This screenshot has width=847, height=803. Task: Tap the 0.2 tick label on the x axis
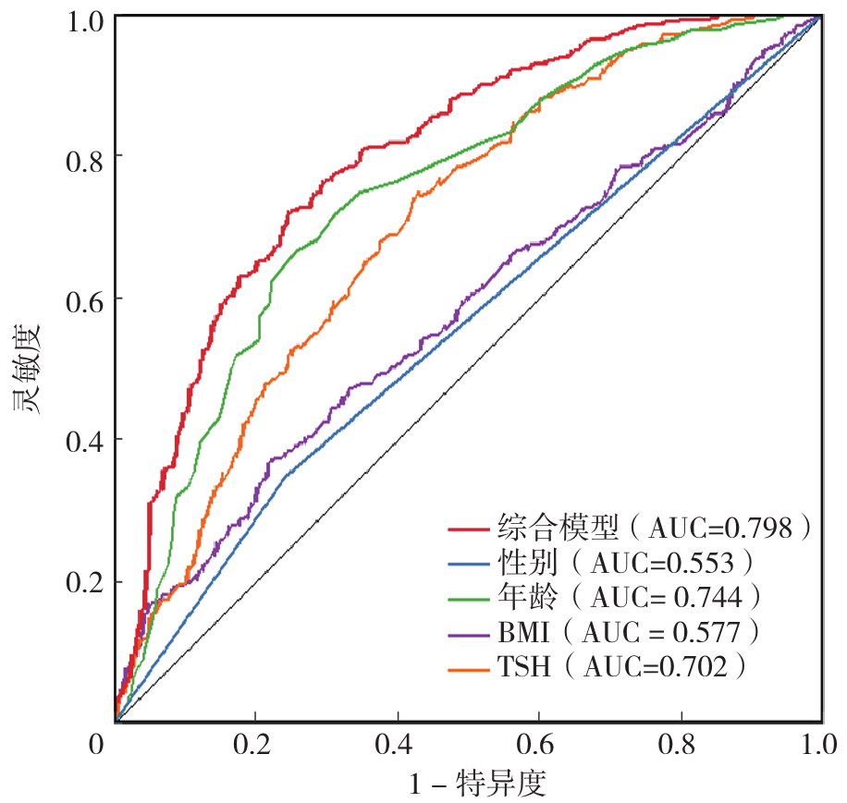click(x=255, y=745)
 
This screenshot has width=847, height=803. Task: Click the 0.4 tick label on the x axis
click(x=397, y=745)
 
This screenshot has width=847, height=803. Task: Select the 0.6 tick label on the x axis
click(x=539, y=745)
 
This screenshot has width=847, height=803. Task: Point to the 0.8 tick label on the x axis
click(x=681, y=745)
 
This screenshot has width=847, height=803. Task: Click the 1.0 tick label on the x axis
click(x=817, y=745)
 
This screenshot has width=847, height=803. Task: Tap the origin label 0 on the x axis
click(x=104, y=745)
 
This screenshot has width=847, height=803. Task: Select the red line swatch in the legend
click(x=469, y=529)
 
